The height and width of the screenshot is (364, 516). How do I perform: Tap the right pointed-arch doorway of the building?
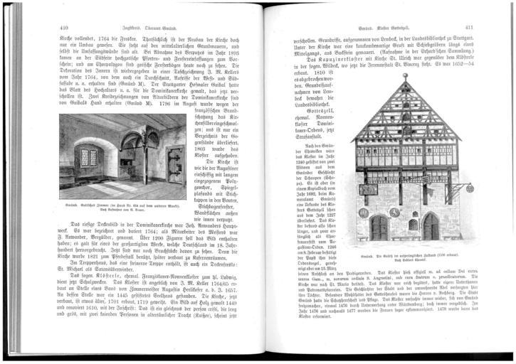click(x=431, y=227)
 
